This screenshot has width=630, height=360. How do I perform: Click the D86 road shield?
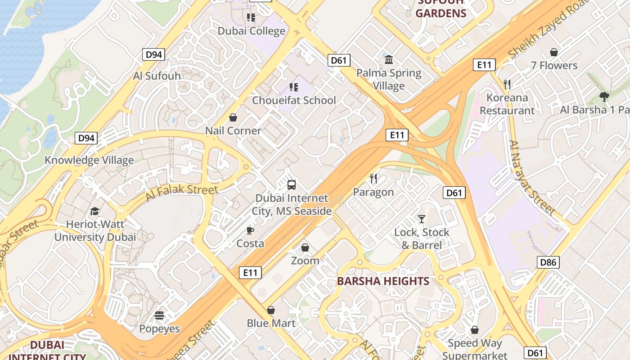548,262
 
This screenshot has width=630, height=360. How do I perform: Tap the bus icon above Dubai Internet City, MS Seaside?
292,184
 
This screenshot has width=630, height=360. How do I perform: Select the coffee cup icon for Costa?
250,230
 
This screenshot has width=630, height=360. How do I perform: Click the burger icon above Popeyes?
159,315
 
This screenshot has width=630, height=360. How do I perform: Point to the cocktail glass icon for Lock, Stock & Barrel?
421,219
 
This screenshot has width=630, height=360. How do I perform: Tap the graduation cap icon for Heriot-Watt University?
94,211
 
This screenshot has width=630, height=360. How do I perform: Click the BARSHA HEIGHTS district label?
383,281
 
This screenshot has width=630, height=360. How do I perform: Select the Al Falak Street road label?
181,193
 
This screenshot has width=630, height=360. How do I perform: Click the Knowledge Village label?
89,160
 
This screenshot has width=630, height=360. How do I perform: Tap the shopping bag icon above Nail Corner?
233,118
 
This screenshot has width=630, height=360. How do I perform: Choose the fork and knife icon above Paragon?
373,179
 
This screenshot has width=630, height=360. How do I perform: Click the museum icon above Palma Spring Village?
389,59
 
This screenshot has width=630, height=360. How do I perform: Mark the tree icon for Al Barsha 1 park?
604,96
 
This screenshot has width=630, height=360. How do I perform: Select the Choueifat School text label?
294,100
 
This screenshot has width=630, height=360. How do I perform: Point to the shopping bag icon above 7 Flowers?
554,52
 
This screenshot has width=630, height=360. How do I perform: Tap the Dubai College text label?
252,31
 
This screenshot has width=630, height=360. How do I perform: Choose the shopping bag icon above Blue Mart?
271,310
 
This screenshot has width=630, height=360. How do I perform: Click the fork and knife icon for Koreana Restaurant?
507,84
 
